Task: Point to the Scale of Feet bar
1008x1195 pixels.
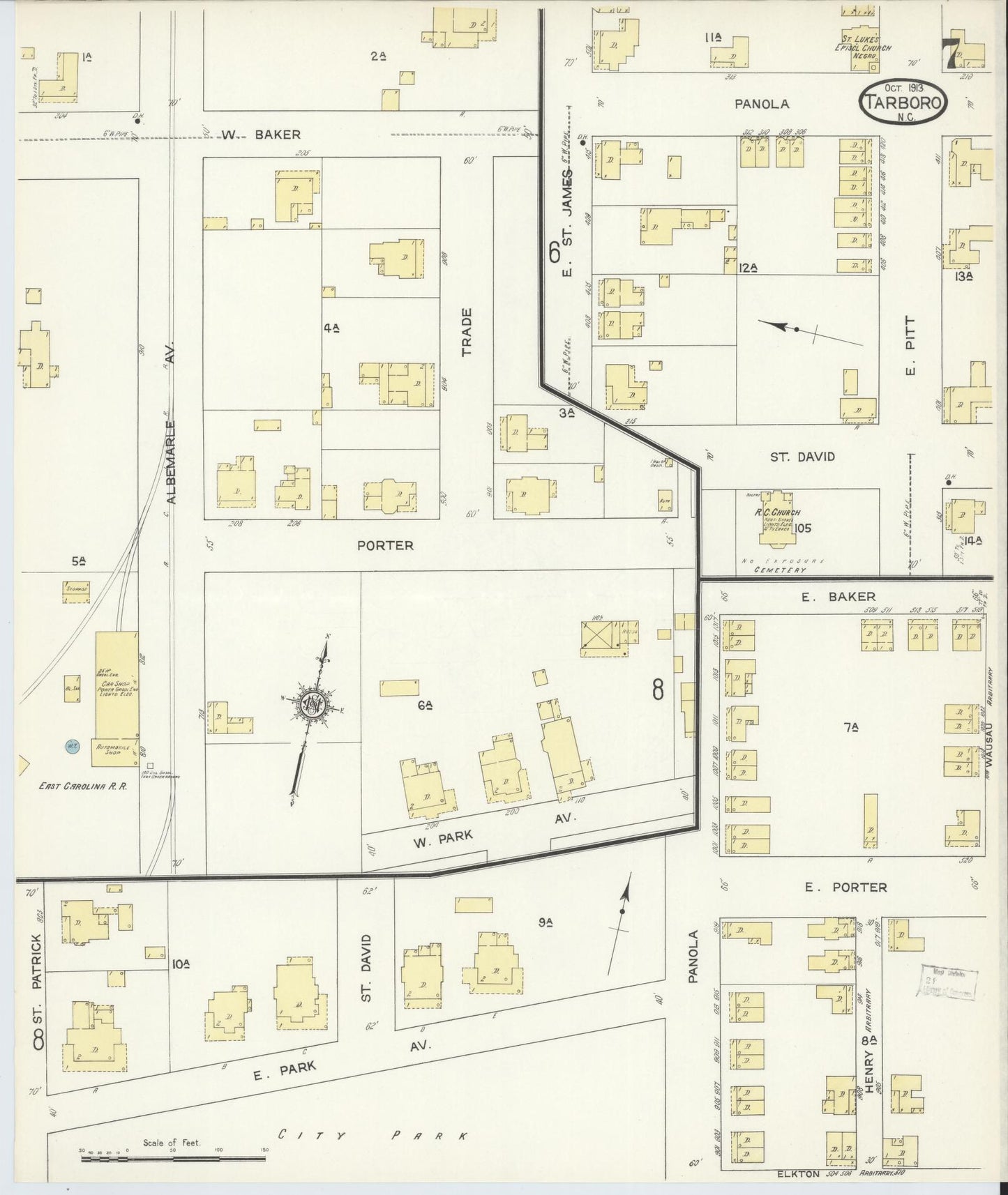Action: coord(173,1159)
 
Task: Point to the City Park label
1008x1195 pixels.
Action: coord(373,1136)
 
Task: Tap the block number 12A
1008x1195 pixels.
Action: coord(749,267)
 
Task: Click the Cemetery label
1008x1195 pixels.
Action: coord(780,570)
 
